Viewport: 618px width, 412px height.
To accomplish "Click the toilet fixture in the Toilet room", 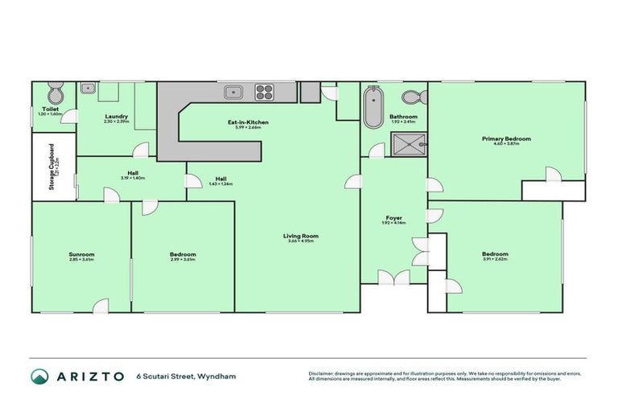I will tap(53, 92).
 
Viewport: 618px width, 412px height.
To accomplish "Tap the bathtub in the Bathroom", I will tap(373, 109).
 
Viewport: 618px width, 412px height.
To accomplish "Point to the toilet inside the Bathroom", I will tap(412, 98).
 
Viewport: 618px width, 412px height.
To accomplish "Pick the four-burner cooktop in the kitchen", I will tap(266, 92).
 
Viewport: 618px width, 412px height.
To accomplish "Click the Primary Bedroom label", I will tap(506, 139).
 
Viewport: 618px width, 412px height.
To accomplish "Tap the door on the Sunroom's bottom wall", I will tap(101, 307).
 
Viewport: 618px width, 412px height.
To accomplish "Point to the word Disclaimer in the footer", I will tap(323, 373).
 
